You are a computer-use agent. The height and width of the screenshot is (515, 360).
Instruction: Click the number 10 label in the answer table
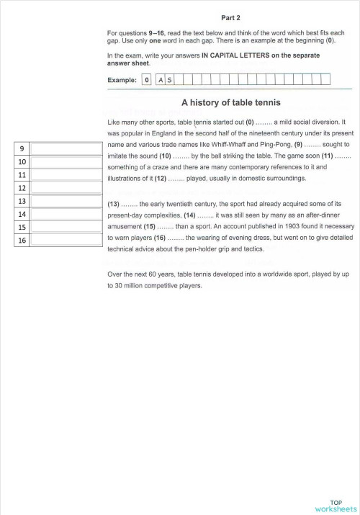[x=22, y=162]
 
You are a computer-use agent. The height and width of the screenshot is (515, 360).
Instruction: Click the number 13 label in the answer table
[x=22, y=201]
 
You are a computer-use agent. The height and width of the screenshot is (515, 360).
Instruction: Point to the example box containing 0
[x=147, y=80]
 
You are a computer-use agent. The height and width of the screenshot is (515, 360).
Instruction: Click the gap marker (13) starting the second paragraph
[x=114, y=204]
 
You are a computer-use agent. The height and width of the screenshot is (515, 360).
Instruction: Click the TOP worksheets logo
[x=336, y=506]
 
